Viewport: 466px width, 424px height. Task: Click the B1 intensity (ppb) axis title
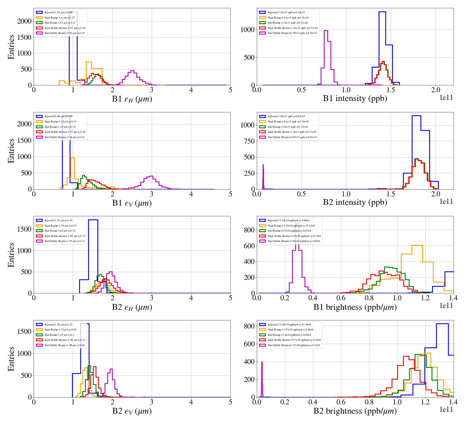click(355, 99)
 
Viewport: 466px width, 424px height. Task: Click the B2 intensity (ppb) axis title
click(355, 202)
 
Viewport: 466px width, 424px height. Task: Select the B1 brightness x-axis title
click(355, 307)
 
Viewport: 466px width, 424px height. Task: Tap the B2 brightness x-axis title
click(355, 411)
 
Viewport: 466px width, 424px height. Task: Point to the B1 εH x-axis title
click(132, 99)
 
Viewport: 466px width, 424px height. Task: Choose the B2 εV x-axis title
click(132, 411)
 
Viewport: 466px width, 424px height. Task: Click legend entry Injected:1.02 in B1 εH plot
click(58, 12)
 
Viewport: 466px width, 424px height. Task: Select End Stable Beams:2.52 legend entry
click(64, 33)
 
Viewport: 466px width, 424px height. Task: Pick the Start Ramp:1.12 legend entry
click(60, 122)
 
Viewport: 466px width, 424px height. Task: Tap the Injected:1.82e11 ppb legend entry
click(286, 116)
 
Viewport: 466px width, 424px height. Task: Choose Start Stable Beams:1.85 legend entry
click(65, 236)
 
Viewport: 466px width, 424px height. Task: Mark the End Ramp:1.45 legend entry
click(59, 335)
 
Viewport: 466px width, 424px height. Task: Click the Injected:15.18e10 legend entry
click(288, 220)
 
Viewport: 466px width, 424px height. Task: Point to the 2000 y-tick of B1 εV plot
click(24, 124)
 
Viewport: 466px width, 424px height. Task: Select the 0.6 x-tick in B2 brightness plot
click(341, 402)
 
